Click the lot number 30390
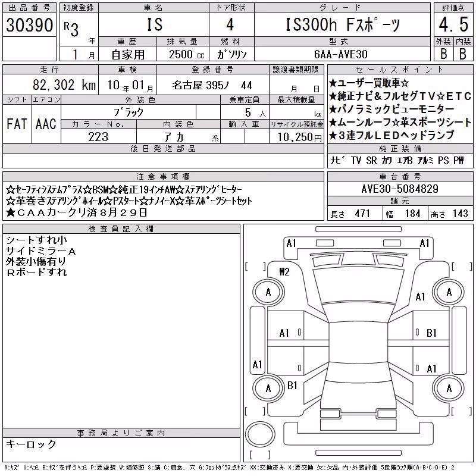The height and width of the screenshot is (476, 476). click(29, 25)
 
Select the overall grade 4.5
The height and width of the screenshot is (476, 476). click(453, 24)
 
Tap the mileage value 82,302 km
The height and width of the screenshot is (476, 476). click(64, 85)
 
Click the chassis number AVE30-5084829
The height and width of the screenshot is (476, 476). click(400, 189)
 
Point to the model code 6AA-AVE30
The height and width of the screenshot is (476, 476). click(341, 54)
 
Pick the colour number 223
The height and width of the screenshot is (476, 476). click(98, 137)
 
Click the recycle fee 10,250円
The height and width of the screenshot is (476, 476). click(300, 137)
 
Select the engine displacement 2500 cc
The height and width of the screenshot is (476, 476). click(186, 54)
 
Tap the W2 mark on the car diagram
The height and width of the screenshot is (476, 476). click(284, 272)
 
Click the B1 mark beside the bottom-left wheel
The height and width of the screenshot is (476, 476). click(292, 386)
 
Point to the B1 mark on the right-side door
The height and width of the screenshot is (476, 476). click(431, 333)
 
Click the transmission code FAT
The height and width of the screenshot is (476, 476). click(17, 124)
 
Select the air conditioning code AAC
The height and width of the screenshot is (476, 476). click(46, 124)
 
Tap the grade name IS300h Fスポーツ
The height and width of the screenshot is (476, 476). click(343, 24)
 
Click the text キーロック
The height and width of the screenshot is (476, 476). click(31, 444)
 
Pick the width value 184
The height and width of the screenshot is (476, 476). click(413, 214)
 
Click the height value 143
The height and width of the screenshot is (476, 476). click(460, 214)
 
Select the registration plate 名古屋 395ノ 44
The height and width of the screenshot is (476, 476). click(212, 85)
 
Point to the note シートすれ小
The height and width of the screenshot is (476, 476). click(36, 240)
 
